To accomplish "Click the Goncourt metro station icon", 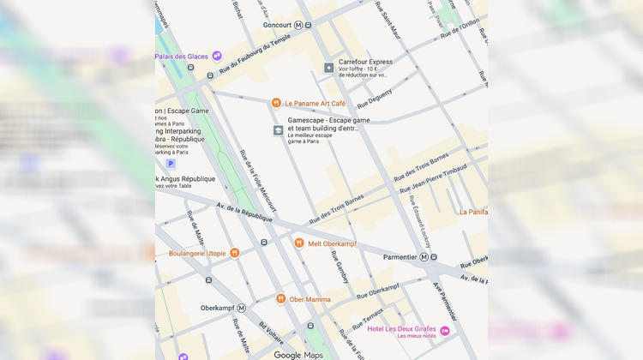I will [x=298, y=26].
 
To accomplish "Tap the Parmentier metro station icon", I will [x=434, y=256].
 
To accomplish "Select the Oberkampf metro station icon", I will [x=241, y=308].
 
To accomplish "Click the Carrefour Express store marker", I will [x=328, y=68].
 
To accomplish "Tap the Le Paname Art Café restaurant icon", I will [x=276, y=103].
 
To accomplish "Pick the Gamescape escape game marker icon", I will [x=278, y=130].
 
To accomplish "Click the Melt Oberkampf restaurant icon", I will [x=299, y=243].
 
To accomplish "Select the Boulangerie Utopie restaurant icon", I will [x=235, y=253].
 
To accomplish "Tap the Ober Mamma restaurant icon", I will [x=280, y=298].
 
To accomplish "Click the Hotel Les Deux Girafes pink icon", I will [x=445, y=330].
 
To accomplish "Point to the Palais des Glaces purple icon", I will [x=217, y=56].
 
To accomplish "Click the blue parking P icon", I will [x=170, y=164].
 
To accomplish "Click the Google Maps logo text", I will [x=299, y=354].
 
